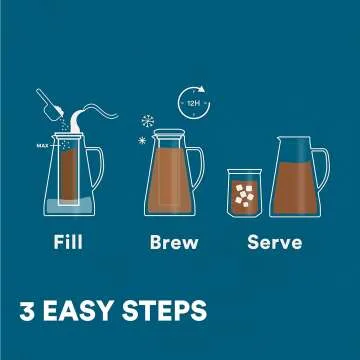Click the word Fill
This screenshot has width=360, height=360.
point(68,243)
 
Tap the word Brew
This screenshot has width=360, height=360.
point(174,243)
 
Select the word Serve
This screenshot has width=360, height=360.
point(275,243)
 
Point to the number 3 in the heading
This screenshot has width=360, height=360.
point(28,308)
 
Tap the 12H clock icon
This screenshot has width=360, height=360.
point(191,101)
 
